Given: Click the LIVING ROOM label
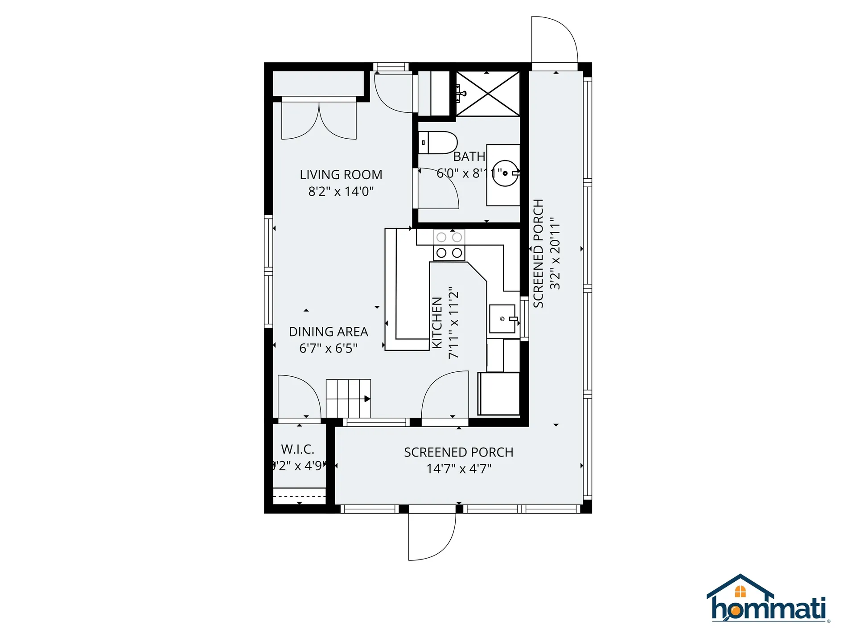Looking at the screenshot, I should (341, 175).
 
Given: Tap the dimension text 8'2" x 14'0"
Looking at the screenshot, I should (341, 192).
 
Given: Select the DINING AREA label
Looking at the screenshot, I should (328, 332).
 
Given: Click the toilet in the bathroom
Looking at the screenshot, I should (438, 143).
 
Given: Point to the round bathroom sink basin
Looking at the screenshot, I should (505, 173).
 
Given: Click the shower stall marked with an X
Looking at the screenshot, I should (488, 94).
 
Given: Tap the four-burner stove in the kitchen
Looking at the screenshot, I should (449, 245).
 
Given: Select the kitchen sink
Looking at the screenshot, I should (502, 319).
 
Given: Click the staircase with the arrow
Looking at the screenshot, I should (348, 398).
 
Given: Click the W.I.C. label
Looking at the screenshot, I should (297, 449).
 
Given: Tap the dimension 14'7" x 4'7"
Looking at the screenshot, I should (459, 469).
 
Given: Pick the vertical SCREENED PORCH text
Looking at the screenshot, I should (539, 253).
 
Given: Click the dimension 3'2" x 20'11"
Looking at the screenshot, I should (555, 253).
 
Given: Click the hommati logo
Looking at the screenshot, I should (768, 600).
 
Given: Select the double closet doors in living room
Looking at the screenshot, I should (319, 120).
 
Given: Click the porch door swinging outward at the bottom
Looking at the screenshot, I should (432, 537).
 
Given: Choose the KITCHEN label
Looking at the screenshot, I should (437, 323).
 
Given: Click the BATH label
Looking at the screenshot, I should (469, 157).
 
